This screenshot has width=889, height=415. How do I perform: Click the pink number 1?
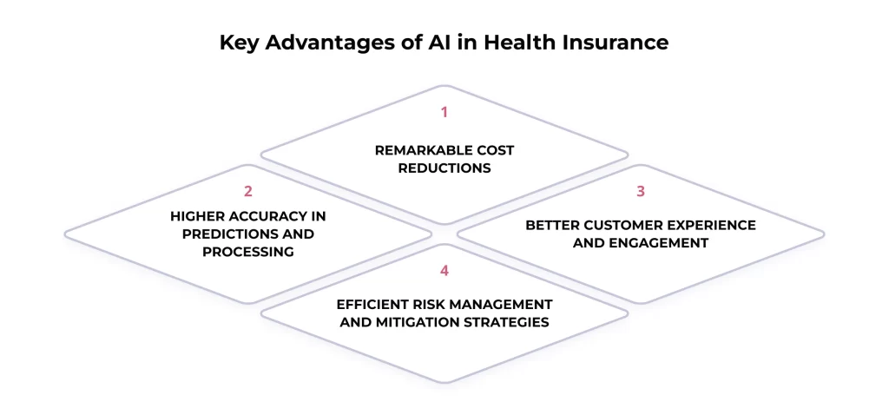444,112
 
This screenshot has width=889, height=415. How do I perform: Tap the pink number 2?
248,191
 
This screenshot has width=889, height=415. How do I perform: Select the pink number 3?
640,191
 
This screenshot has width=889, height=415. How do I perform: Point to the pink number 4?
444,270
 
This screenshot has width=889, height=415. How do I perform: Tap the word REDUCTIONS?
444,168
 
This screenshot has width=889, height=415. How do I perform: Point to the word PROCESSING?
248,252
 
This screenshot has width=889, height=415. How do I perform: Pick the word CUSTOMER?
607,225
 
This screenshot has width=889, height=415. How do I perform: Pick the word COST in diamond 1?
494,150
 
